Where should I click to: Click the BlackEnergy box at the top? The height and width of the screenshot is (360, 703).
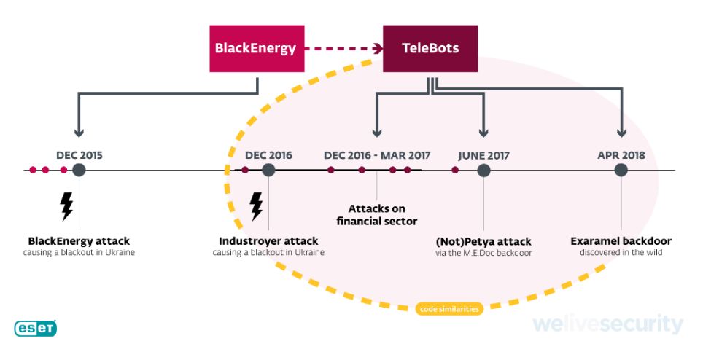pyautogui.click(x=256, y=49)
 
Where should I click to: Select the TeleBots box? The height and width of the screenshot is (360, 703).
pyautogui.click(x=430, y=49)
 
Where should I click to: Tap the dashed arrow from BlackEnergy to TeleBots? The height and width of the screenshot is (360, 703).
pyautogui.click(x=343, y=49)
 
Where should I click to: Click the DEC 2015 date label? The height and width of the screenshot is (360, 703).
pyautogui.click(x=79, y=155)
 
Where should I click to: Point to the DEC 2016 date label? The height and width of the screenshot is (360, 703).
pyautogui.click(x=268, y=155)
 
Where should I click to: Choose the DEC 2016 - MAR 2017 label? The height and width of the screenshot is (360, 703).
pyautogui.click(x=377, y=155)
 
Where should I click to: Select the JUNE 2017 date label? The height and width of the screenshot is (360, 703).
pyautogui.click(x=483, y=155)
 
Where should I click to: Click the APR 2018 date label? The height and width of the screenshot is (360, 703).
pyautogui.click(x=621, y=155)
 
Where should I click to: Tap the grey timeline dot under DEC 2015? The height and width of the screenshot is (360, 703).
pyautogui.click(x=79, y=170)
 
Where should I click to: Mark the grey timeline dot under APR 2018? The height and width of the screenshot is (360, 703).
pyautogui.click(x=621, y=170)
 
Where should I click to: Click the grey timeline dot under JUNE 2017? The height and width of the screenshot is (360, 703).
pyautogui.click(x=483, y=170)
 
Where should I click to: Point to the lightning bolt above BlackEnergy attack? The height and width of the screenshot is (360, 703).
pyautogui.click(x=66, y=206)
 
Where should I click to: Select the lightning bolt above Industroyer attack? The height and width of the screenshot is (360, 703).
pyautogui.click(x=256, y=206)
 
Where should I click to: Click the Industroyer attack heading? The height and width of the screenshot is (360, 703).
pyautogui.click(x=268, y=241)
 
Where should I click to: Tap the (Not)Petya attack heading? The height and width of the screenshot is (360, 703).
pyautogui.click(x=483, y=241)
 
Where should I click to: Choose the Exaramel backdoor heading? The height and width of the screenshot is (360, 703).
pyautogui.click(x=621, y=241)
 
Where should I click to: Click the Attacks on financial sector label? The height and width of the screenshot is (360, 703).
pyautogui.click(x=377, y=214)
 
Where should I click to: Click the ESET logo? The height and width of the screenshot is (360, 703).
pyautogui.click(x=35, y=329)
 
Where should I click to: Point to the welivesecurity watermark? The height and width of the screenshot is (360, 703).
pyautogui.click(x=607, y=324)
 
